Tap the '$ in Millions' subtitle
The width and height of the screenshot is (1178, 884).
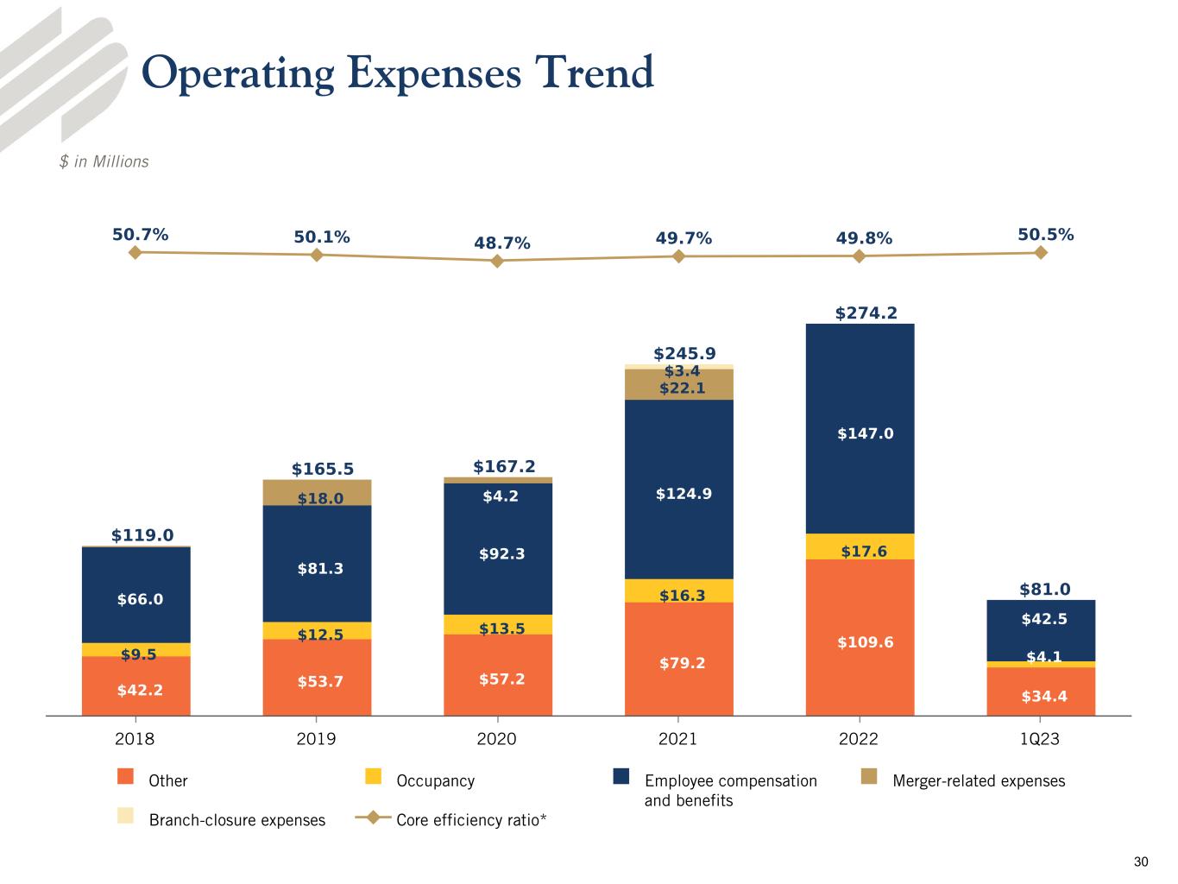[104, 161]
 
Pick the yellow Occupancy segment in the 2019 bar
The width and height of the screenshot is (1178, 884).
[317, 630]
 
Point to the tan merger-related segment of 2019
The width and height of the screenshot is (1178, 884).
[317, 492]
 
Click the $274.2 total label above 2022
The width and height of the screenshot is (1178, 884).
[866, 313]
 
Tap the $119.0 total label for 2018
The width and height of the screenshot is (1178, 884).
[142, 535]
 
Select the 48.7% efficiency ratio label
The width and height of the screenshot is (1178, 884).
[501, 243]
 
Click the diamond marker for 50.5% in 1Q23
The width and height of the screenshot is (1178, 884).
[1041, 252]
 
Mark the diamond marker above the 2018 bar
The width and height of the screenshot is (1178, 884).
[135, 252]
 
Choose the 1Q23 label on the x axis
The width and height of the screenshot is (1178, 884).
[1040, 739]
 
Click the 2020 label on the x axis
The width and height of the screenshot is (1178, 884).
[497, 739]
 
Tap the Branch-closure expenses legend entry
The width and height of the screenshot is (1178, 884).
[236, 820]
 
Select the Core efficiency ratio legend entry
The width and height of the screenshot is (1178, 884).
[470, 820]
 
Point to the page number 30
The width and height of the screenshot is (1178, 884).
[1141, 862]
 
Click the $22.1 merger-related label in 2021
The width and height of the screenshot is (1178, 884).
[682, 388]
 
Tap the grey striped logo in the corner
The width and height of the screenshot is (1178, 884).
[60, 78]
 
